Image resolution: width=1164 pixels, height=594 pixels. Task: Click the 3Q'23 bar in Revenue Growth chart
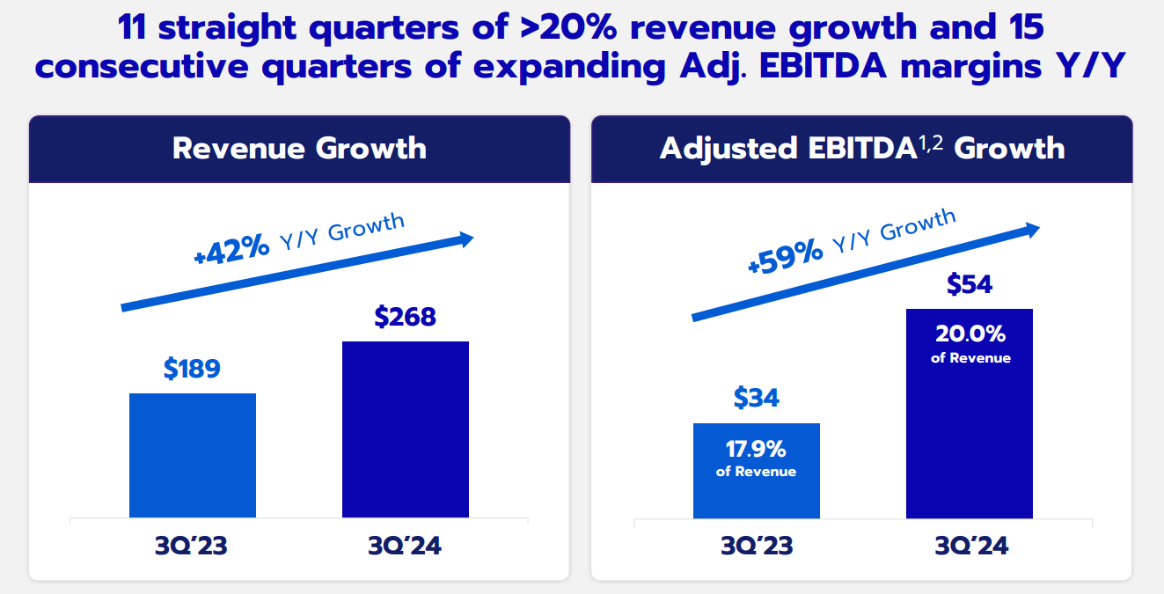coord(193,455)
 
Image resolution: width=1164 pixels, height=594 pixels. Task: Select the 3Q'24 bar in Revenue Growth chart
coord(406,429)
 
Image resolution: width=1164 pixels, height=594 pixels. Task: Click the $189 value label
coord(192,369)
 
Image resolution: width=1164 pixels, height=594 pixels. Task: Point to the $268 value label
coord(405,317)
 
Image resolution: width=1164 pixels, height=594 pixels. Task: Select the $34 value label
coord(757,398)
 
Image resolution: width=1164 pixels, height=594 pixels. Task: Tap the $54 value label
coord(970,284)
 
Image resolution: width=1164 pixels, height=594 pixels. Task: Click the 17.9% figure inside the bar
coord(756,450)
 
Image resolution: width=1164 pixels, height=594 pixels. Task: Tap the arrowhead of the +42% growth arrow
coord(465,238)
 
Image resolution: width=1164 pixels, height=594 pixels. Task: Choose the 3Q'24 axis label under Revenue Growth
coord(405,546)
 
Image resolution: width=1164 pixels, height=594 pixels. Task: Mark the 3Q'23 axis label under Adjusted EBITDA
coord(757,546)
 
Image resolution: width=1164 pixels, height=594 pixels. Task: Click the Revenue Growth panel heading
coord(299,148)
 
